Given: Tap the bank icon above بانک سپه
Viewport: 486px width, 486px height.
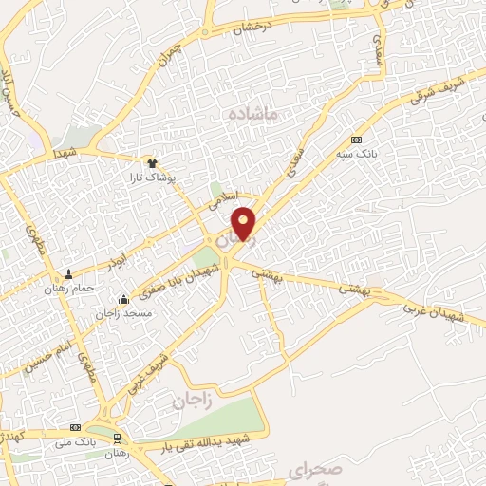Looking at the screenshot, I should click(x=356, y=139).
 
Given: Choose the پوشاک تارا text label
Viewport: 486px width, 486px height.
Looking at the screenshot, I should click(x=153, y=178).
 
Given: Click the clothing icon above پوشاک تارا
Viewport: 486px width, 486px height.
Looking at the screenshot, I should click(x=152, y=163).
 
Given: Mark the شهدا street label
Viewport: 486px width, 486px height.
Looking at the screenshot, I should click(x=65, y=153).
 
